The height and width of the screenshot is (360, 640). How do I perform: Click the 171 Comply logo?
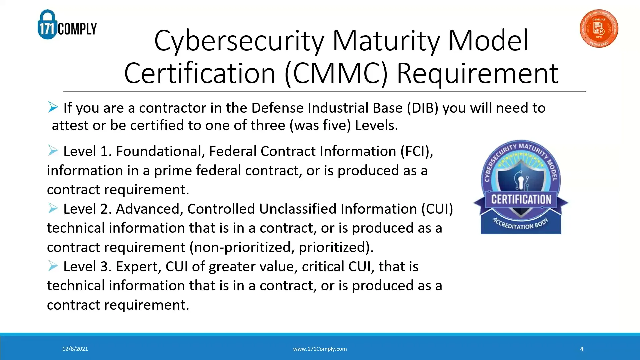(x=67, y=25)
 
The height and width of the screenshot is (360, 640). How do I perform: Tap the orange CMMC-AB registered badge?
(x=599, y=28)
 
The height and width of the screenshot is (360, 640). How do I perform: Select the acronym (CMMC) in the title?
(x=336, y=73)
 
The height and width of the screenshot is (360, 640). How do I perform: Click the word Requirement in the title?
(x=477, y=73)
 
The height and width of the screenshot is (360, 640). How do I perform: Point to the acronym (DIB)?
(x=422, y=108)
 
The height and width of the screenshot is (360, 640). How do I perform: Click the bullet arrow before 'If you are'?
(x=53, y=107)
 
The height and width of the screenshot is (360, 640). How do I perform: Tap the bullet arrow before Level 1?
(x=53, y=151)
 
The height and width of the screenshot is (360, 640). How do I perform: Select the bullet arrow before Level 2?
(x=53, y=208)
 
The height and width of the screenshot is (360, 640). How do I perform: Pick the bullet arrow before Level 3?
(x=53, y=266)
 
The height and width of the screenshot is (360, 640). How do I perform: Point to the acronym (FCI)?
(x=417, y=151)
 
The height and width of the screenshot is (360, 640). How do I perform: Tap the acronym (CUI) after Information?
(x=437, y=209)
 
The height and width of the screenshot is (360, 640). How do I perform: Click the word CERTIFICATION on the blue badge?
(x=521, y=199)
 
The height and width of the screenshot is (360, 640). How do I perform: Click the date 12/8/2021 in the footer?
(x=75, y=349)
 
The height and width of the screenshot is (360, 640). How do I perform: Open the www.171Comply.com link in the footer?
(x=320, y=349)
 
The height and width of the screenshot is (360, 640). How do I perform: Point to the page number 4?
(x=582, y=349)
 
